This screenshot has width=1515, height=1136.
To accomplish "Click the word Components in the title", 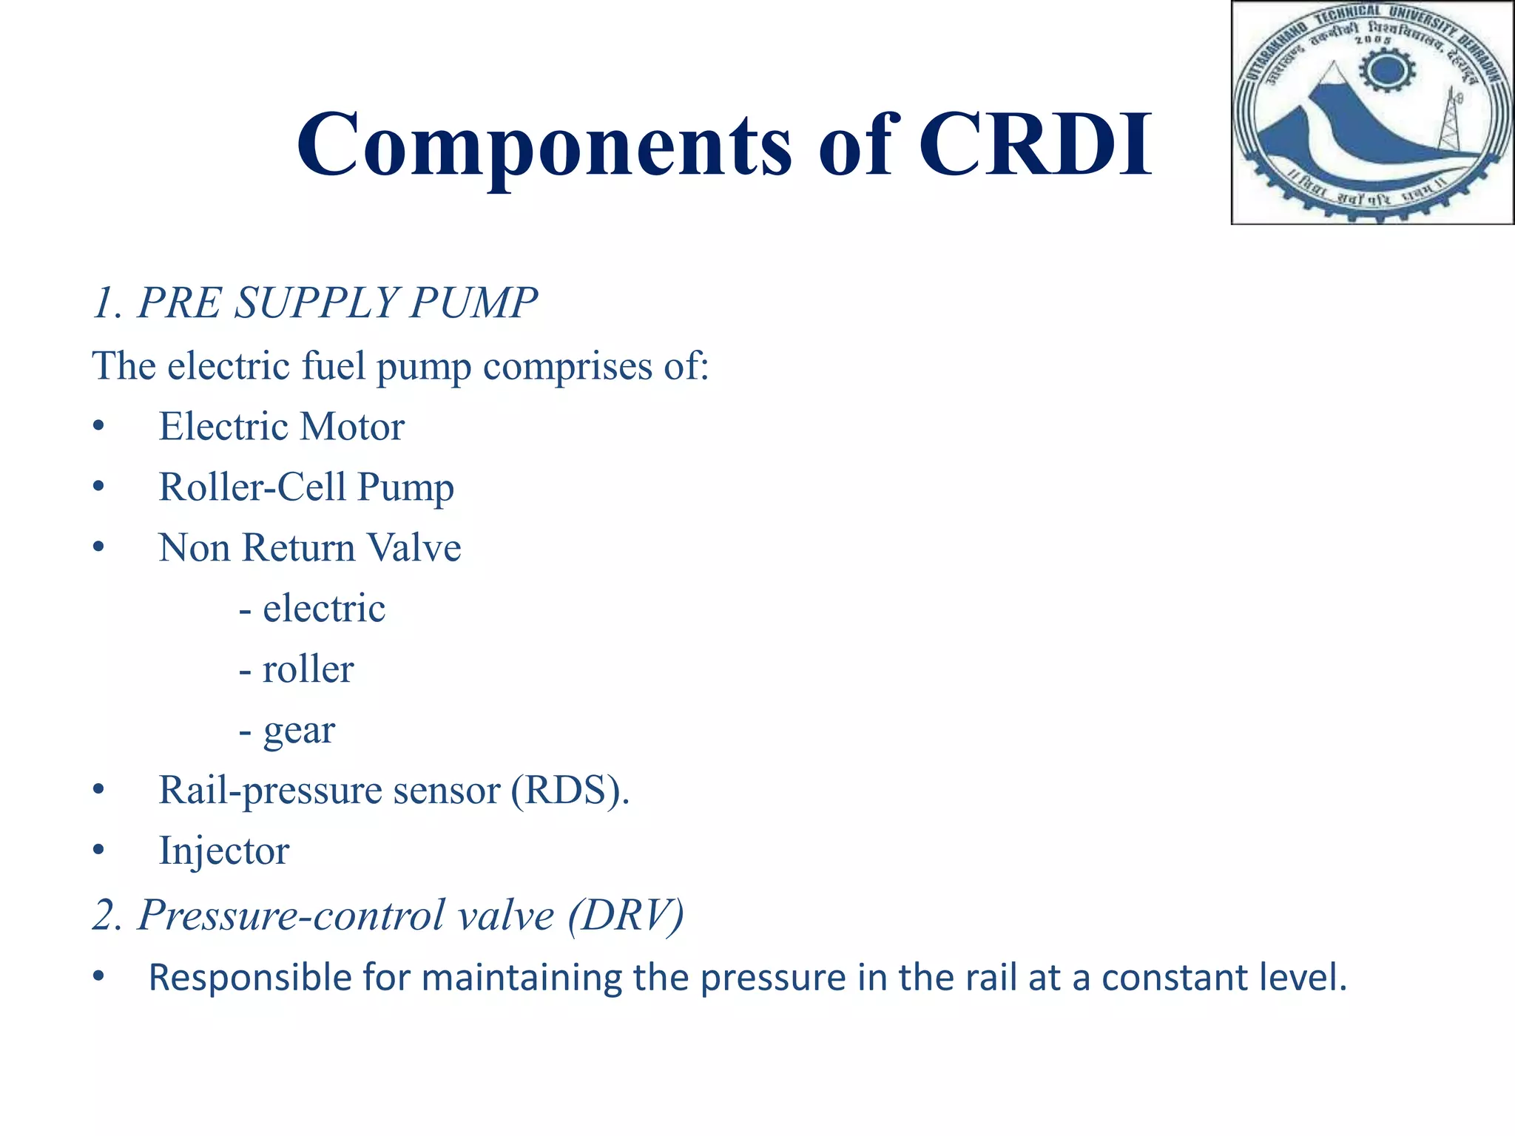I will click(544, 146).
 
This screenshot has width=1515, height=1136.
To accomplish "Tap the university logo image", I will click(1372, 112).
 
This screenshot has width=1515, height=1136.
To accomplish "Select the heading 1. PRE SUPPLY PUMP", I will click(315, 303).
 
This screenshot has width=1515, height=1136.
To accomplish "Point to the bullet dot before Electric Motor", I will click(98, 427).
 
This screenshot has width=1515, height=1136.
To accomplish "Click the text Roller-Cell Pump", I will click(306, 487).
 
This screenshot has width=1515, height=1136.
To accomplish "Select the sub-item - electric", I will click(312, 609).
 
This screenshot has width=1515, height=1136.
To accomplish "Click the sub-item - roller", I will click(297, 669).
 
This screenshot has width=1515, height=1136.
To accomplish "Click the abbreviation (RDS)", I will click(570, 791).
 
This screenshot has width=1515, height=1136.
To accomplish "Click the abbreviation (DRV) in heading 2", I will click(626, 915).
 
